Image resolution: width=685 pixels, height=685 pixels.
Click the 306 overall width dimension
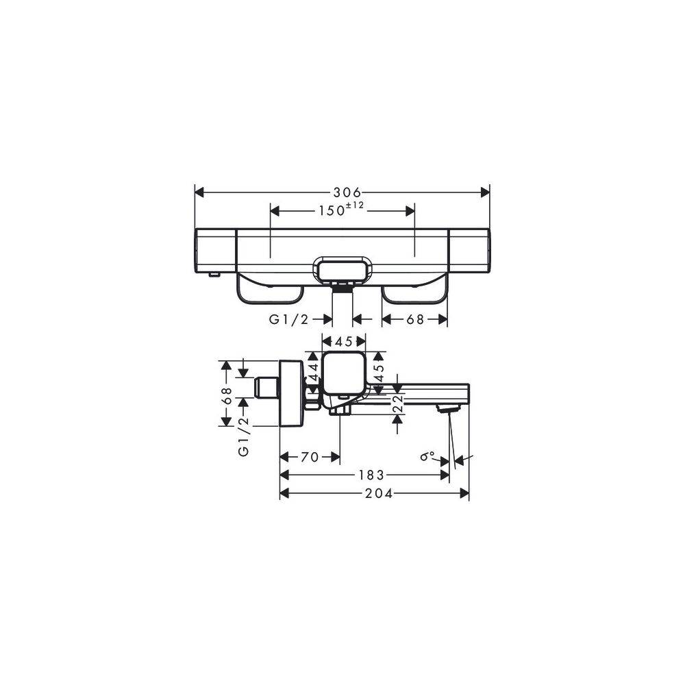click(x=347, y=192)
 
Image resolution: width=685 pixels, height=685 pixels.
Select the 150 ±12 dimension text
click(x=340, y=210)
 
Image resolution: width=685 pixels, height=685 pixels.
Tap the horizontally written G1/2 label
click(x=289, y=319)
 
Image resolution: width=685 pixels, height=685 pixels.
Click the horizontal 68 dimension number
click(x=415, y=319)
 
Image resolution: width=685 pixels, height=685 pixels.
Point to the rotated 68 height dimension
click(x=226, y=396)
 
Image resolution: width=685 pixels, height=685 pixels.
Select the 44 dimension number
click(x=314, y=372)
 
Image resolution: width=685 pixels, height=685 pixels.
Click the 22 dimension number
click(x=397, y=403)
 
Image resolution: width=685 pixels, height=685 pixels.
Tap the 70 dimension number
click(x=310, y=457)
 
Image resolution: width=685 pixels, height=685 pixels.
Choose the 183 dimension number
click(x=371, y=475)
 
